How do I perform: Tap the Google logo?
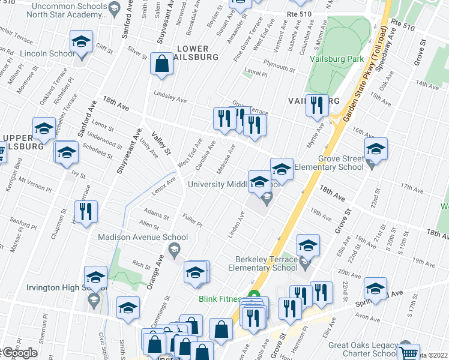(x=20, y=353)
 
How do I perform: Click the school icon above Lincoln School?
(x=81, y=43)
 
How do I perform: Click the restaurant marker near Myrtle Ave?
(x=317, y=106)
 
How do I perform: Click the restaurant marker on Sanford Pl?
(x=86, y=212)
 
